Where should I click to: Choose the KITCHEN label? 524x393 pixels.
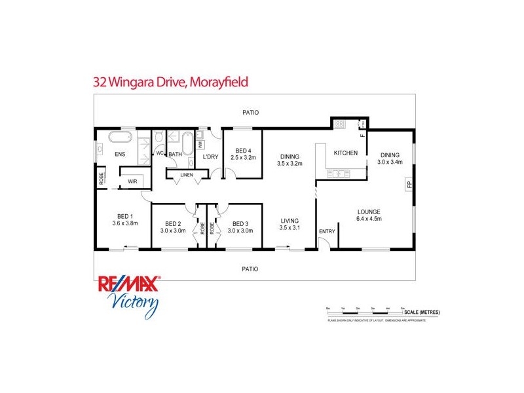tap(346, 153)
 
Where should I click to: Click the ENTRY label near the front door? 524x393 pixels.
tap(326, 232)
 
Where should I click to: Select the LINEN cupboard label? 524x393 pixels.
tap(187, 174)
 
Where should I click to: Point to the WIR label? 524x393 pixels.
tap(132, 181)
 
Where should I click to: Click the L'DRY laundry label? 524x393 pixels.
tap(210, 157)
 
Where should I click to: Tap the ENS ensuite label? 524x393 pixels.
tap(120, 155)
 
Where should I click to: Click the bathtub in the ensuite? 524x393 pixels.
tap(119, 138)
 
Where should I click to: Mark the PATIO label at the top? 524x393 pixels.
tap(250, 113)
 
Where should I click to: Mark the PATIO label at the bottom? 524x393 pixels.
tap(250, 269)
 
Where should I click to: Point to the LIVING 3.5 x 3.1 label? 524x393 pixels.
tap(289, 224)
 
